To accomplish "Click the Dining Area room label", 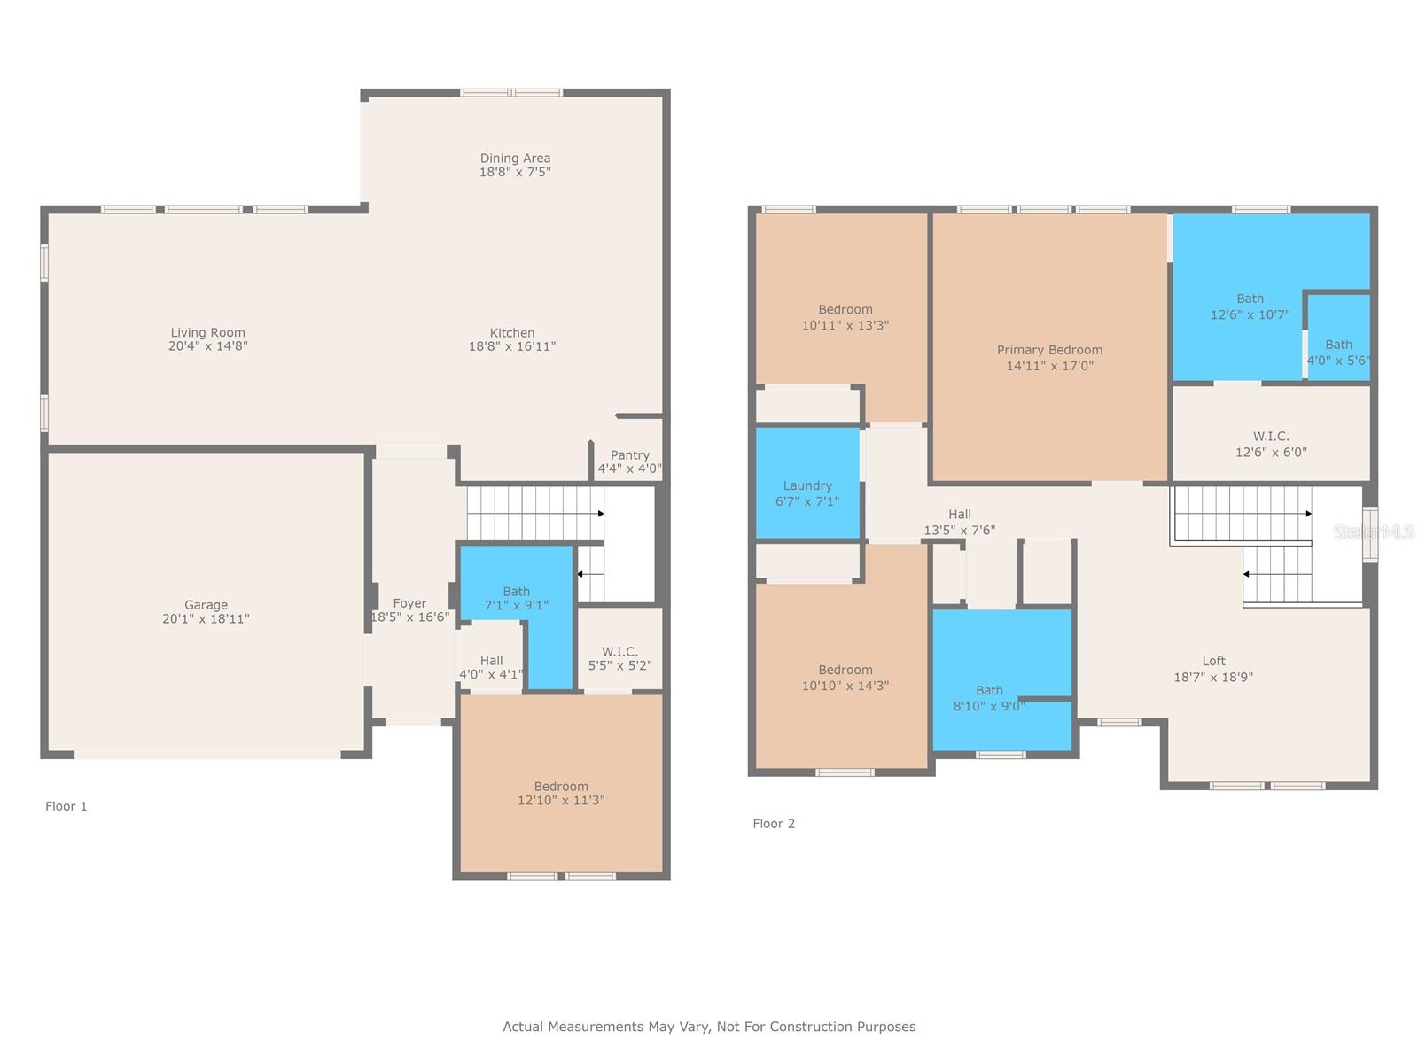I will [515, 159].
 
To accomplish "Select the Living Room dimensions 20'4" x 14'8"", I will [207, 346].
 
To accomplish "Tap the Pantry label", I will [629, 455].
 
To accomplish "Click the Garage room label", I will [206, 605].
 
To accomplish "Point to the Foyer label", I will [409, 603].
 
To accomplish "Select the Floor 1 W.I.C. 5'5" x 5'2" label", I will [619, 658].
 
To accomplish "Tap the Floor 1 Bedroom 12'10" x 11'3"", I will [561, 793].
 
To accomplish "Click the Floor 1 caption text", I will [66, 806].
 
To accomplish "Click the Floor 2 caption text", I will [774, 824].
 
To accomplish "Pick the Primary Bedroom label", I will [1049, 350].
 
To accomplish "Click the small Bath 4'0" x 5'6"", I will [1338, 352].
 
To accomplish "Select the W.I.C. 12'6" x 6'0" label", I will [1271, 444].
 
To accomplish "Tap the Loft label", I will [1213, 661].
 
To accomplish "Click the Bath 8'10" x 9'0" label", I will [989, 698].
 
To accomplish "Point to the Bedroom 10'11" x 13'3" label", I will [845, 317].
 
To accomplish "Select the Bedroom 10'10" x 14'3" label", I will [845, 678].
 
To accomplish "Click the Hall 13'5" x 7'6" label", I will [960, 522].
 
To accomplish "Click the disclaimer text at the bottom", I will [709, 1027].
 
